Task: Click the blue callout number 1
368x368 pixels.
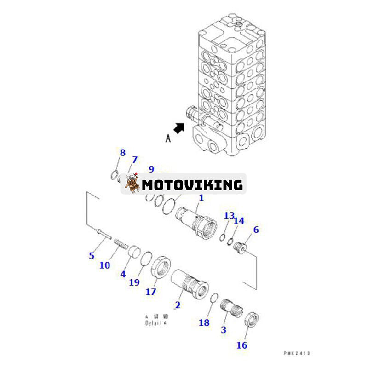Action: pos(201,198)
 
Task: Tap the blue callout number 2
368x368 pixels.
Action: pos(178,305)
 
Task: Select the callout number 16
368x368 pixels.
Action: pos(242,345)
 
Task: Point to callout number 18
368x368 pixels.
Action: pos(204,322)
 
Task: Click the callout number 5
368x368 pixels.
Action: pos(92,256)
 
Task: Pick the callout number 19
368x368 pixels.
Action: pos(134,282)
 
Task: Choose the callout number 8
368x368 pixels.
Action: pos(122,152)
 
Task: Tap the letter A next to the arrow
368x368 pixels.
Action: pos(168,138)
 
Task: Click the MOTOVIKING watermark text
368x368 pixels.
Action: pos(192,185)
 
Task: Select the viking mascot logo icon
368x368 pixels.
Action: pos(131,184)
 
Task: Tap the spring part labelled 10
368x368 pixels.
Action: pos(121,242)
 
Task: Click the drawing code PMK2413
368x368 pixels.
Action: pos(297,353)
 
